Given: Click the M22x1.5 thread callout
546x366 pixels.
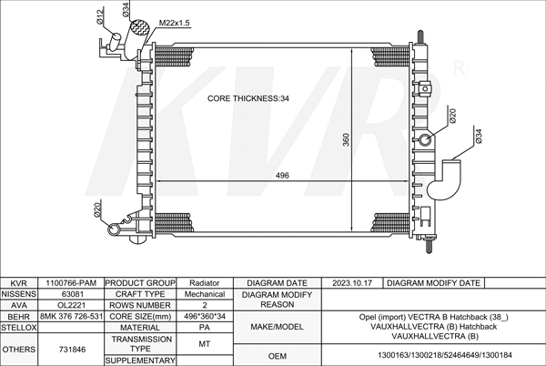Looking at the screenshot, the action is pos(174,23).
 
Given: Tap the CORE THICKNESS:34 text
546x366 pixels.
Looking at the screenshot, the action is pos(248,98).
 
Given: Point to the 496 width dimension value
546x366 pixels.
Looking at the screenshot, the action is pos(282,175).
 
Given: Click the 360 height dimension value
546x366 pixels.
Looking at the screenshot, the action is pos(346,139).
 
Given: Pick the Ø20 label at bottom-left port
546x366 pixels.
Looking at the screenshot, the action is pos(97,209).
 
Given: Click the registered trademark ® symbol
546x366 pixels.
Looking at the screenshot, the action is pos(459,68).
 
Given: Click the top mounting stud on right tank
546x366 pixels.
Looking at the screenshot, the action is pos(420,36).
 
